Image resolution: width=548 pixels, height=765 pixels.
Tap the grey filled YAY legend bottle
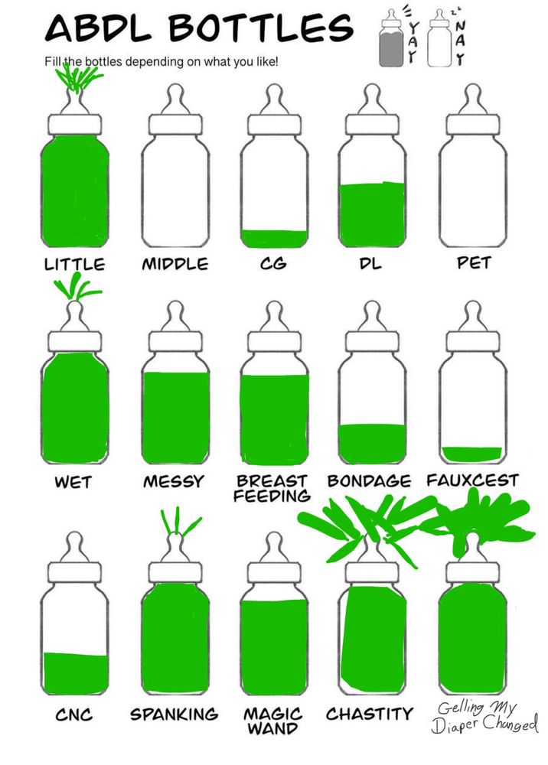coord(391,38)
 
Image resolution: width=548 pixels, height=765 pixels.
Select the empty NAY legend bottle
coord(439,38)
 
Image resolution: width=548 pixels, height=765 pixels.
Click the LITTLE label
coord(74,265)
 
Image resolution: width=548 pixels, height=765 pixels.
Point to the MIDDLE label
coord(175,264)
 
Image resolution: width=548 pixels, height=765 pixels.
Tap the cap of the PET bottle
coord(472,125)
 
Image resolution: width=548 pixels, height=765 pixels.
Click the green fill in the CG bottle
coord(274,239)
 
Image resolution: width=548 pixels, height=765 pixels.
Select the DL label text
coord(370,264)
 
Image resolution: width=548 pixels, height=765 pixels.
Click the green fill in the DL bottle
coord(372,215)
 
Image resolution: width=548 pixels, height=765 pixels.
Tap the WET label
coord(73,482)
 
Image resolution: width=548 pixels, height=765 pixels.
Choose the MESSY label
coord(173,482)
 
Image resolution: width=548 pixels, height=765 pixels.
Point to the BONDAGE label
coord(369,481)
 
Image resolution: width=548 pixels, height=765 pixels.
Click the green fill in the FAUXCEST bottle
coord(471,454)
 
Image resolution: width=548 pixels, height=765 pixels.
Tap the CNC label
coord(73,715)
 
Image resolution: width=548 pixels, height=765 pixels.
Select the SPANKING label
coord(175,715)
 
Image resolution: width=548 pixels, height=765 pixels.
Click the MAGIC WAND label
coord(272,721)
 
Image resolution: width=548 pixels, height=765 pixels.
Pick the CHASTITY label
coord(370,715)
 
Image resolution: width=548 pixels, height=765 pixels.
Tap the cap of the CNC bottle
coord(75,573)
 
